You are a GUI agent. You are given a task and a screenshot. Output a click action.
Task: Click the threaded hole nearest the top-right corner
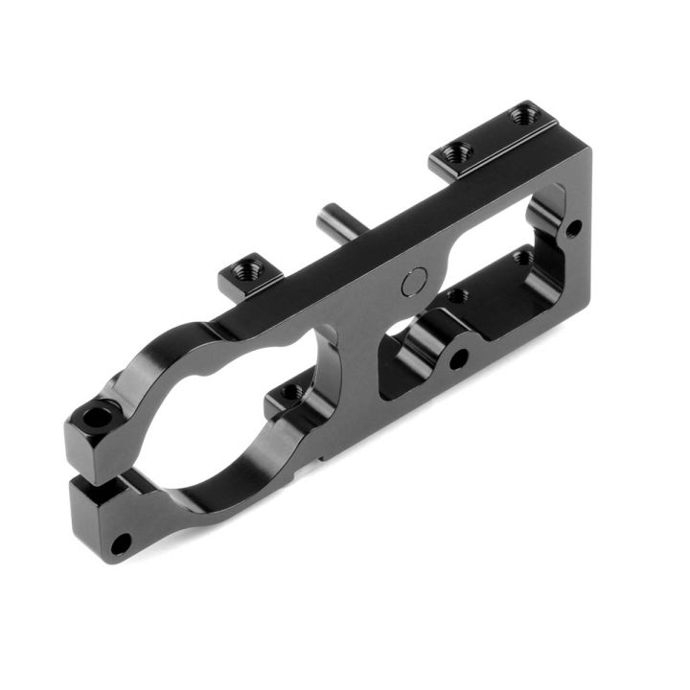(521, 116)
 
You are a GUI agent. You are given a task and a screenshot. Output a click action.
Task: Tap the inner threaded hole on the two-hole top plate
(457, 150)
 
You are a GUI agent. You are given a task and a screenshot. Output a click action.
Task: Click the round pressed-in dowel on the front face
(414, 280)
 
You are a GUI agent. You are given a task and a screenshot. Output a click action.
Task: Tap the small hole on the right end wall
(573, 228)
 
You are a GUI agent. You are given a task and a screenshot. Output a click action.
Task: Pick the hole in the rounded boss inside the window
(459, 360)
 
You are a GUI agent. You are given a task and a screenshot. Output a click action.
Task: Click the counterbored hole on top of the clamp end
(94, 418)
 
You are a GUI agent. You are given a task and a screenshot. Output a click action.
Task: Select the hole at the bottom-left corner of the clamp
(120, 544)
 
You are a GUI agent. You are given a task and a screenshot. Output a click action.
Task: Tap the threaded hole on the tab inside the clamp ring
(288, 391)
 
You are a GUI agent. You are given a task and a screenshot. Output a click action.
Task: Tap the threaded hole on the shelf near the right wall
(522, 258)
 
